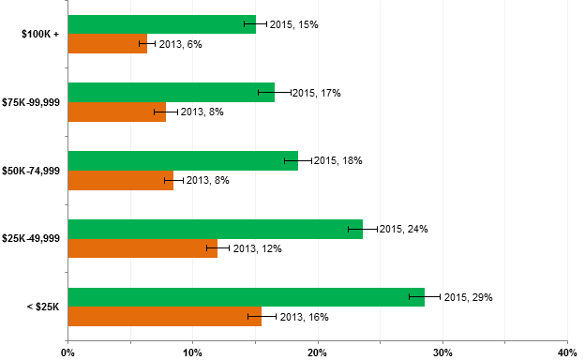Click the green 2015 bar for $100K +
coord(161,24)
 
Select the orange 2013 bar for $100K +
coord(107,44)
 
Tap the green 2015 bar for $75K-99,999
coord(171,92)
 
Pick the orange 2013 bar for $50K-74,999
coord(120,180)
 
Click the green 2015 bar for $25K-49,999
coord(215,229)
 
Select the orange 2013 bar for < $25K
coord(164,317)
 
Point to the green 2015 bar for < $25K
coord(246,297)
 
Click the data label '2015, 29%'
coord(468,297)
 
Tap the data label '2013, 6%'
coord(180,44)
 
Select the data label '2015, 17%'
coord(316,93)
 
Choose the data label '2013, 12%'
coord(257,248)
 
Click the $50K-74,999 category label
coord(31,171)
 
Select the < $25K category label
coord(42,307)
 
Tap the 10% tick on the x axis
coord(192,352)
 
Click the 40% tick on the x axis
coord(566,352)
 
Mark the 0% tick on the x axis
coord(67,352)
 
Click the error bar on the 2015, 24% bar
coord(363,229)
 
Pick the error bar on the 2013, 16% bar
coord(262,317)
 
